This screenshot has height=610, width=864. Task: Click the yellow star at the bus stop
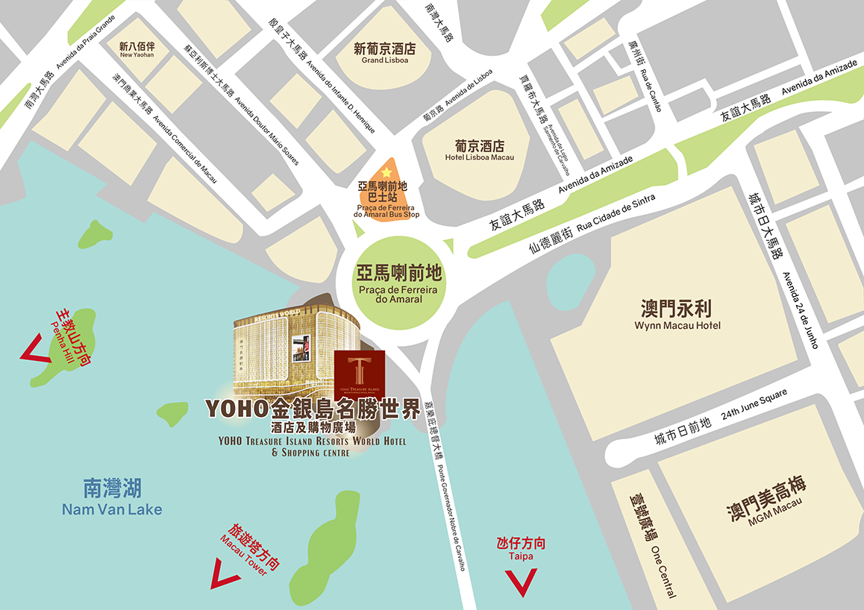(386, 173)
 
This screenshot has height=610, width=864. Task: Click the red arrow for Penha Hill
(31, 349)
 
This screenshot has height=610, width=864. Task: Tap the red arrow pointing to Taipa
(521, 582)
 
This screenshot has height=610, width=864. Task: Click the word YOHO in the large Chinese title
(237, 409)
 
